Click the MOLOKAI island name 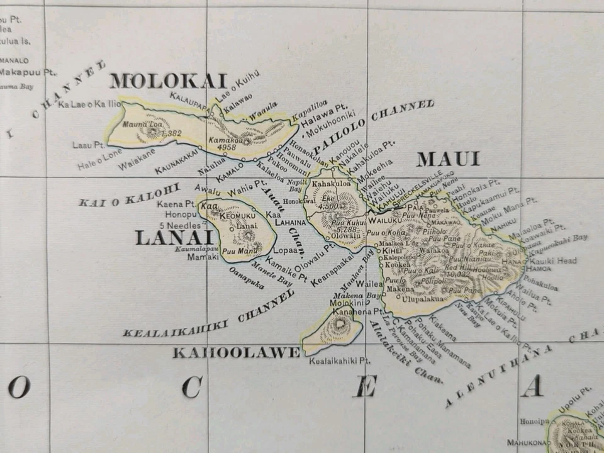coord(168,81)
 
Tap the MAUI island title coord(448,160)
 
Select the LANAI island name coord(173,238)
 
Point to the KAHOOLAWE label coord(236,353)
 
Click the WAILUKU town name coord(384,221)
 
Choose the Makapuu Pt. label coord(28,72)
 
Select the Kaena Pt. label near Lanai coord(176,204)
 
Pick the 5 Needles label coord(180,225)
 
